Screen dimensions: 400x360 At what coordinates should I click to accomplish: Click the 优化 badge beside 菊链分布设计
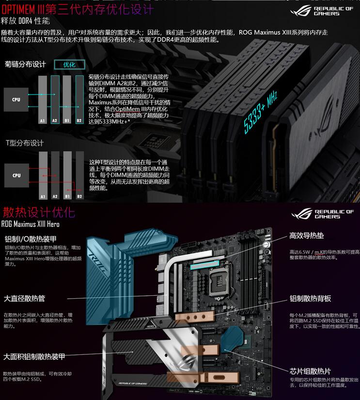pos(70,64)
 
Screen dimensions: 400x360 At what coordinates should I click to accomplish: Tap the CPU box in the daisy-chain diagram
pos(16,99)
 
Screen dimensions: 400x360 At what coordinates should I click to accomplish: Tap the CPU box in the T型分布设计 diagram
pos(16,175)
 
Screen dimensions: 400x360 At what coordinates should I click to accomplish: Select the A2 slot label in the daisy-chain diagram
pos(55,120)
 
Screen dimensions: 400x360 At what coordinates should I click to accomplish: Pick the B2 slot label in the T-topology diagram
pos(79,196)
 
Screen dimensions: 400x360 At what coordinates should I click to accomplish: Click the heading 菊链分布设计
pos(25,64)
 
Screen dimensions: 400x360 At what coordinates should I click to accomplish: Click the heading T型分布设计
pos(24,143)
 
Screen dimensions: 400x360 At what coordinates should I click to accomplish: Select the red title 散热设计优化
pos(39,212)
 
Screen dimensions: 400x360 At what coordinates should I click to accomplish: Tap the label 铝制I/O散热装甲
pos(31,239)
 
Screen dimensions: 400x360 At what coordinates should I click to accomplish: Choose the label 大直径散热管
pos(28,298)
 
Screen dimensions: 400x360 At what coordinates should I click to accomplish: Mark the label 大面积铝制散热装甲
pos(34,356)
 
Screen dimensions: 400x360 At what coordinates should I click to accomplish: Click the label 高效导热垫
pos(307,236)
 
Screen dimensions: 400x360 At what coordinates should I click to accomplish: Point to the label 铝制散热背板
pos(310,298)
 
